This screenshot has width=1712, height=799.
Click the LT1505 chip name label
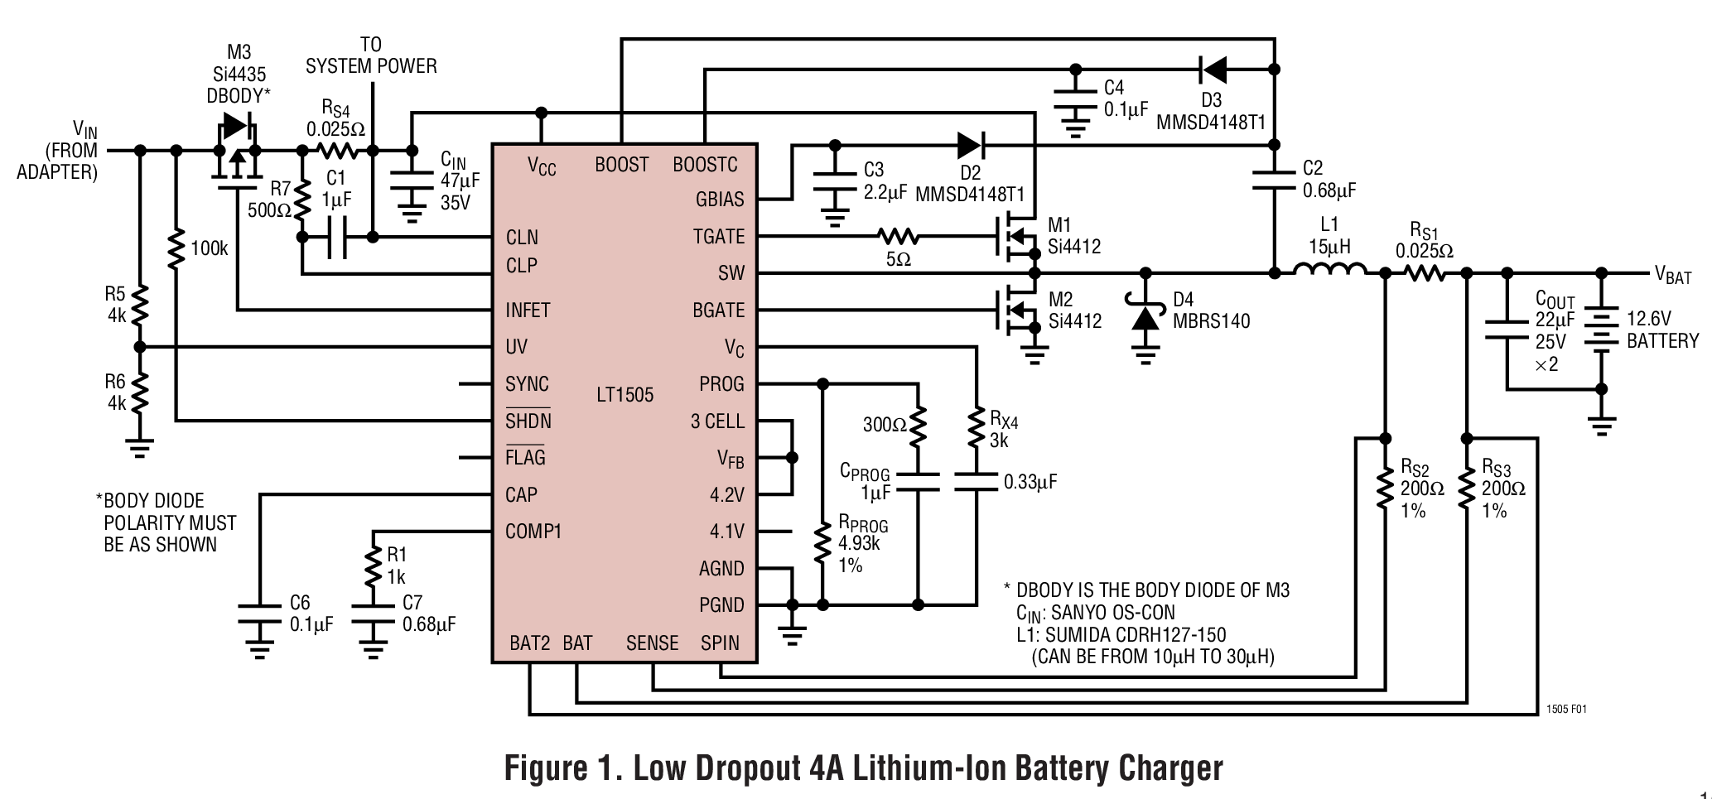pos(625,395)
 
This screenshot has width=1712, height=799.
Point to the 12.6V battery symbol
pos(1601,329)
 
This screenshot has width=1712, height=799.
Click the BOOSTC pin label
pos(704,165)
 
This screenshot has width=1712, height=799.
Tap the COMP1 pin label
pos(533,532)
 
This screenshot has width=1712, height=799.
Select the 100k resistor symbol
pos(176,249)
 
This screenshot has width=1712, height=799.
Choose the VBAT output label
pos(1672,276)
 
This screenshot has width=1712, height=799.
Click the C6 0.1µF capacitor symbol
pos(259,614)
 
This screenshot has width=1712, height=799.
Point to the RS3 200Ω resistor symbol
pos(1466,489)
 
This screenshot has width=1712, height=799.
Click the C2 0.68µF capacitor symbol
pos(1273,180)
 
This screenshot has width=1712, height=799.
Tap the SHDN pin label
pos(528,421)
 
